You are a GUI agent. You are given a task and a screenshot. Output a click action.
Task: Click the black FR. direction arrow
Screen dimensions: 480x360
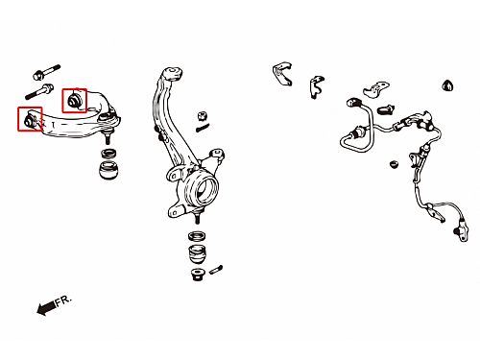pos(46,307)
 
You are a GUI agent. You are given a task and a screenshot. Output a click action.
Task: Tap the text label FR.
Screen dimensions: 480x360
pos(63,301)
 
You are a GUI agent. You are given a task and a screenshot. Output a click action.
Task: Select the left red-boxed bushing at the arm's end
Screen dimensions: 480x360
pos(30,119)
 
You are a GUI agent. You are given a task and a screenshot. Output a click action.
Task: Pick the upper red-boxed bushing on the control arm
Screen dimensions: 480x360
pos(74,101)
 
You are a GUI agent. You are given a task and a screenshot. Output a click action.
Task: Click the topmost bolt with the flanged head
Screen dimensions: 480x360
pos(46,72)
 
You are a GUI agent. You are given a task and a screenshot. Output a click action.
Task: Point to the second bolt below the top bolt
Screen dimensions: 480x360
pos(39,91)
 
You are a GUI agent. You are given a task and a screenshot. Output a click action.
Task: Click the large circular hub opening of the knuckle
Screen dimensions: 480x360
pos(205,190)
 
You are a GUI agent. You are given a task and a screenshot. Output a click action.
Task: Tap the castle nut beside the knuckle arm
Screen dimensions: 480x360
pos(202,115)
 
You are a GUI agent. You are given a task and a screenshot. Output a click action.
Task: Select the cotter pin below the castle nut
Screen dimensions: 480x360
pos(203,128)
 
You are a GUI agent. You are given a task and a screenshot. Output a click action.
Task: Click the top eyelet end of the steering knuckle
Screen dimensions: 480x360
pos(173,73)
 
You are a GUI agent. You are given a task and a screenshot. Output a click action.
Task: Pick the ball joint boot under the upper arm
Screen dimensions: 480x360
pos(108,170)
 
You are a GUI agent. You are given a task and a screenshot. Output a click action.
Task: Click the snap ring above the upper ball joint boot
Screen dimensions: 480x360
pos(108,153)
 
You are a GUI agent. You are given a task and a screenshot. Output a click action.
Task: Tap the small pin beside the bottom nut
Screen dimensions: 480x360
pos(216,270)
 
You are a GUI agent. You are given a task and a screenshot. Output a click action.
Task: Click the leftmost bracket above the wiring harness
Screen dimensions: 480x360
pos(282,74)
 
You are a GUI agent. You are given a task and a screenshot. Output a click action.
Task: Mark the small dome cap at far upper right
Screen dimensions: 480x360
pos(448,85)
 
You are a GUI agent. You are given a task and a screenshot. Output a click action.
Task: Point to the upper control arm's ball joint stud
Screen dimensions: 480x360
pos(108,136)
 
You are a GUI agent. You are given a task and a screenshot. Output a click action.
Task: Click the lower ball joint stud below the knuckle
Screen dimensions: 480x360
pos(199,215)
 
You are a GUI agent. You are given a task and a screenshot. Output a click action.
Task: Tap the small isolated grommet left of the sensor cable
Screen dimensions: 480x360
pos(395,164)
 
